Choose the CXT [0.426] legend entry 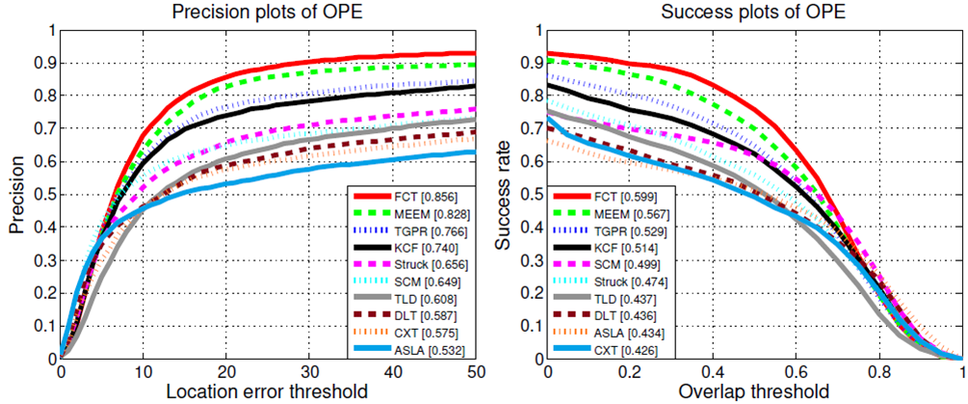(604, 351)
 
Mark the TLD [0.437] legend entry (604, 300)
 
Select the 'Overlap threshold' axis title (753, 391)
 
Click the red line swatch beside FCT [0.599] (573, 197)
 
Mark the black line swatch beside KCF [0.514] (573, 249)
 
